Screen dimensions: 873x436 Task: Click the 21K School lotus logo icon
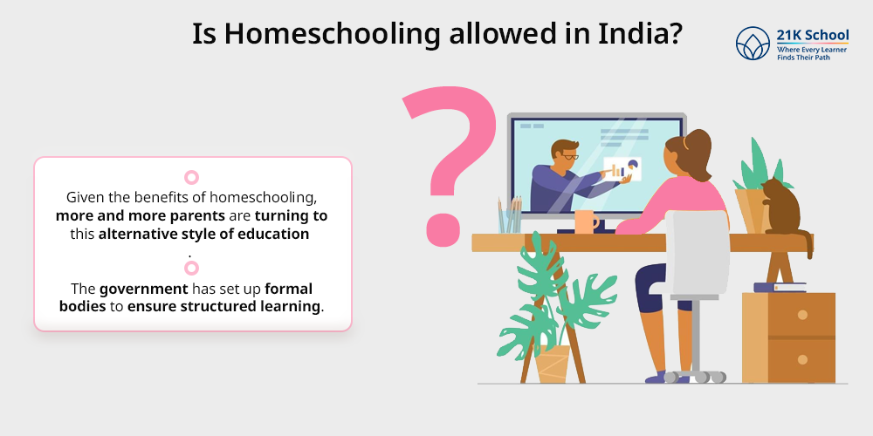[753, 44]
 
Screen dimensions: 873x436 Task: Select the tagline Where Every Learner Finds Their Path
[812, 53]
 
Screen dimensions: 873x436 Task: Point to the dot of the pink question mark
[443, 228]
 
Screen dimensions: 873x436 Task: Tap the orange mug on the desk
[587, 221]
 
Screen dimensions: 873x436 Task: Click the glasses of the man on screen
[569, 157]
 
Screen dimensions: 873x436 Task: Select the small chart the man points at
[622, 169]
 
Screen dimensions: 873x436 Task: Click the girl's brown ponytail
[697, 154]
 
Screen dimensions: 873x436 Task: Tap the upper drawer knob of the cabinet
[802, 315]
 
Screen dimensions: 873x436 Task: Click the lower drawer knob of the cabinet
[802, 360]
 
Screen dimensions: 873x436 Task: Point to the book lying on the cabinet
[780, 288]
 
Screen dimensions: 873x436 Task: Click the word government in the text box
[144, 290]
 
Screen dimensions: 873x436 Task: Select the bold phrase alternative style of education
[203, 234]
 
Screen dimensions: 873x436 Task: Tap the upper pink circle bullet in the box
[191, 177]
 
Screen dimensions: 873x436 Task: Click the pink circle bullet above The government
[191, 268]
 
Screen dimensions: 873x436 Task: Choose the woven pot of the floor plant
[553, 364]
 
